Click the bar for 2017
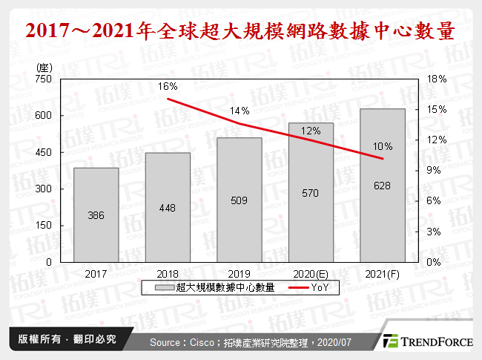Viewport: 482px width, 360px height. click(96, 215)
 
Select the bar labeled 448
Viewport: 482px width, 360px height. click(168, 207)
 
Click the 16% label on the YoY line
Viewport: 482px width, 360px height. click(168, 87)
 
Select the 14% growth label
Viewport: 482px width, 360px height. click(240, 111)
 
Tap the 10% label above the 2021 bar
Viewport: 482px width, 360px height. click(383, 145)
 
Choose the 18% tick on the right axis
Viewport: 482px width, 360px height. click(437, 79)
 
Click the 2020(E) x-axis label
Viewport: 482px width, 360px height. click(311, 273)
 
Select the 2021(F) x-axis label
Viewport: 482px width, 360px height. click(383, 273)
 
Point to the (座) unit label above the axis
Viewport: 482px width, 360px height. click(43, 67)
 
